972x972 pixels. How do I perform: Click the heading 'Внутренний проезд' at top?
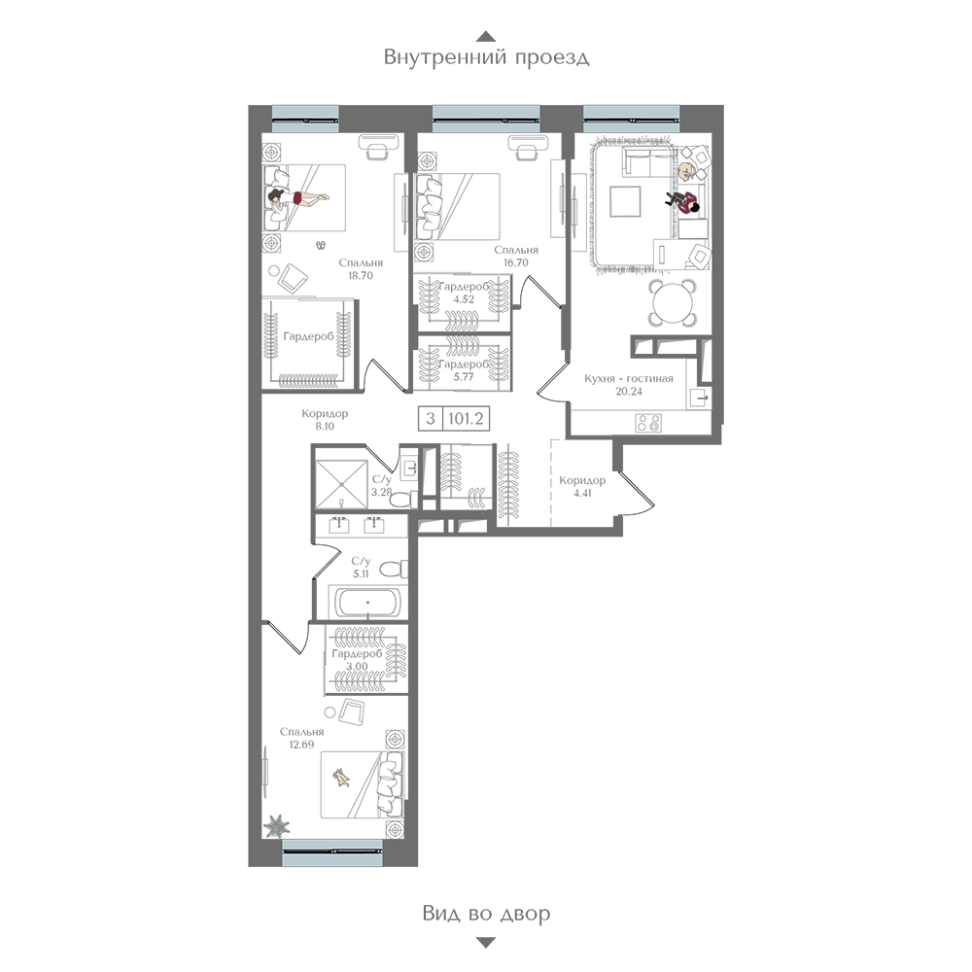pos(486,57)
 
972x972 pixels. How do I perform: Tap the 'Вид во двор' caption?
pos(487,913)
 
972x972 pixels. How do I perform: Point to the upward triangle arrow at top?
pos(487,36)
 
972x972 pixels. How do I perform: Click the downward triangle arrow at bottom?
pos(486,943)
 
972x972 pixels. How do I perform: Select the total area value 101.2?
pos(466,418)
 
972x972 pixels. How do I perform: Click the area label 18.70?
pos(361,276)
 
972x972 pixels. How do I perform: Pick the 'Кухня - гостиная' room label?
pos(629,378)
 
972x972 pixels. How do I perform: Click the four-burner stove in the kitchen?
pos(648,424)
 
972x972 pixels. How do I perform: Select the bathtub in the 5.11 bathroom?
pos(367,602)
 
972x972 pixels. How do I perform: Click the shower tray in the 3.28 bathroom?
pos(341,484)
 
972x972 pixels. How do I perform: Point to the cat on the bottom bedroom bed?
pos(341,777)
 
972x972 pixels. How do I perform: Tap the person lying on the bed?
pos(297,198)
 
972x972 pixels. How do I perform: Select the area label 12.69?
pos(301,746)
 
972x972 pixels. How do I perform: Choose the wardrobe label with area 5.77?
pos(464,370)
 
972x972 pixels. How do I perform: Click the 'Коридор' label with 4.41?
pos(582,487)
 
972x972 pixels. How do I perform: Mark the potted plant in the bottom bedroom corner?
pos(276,825)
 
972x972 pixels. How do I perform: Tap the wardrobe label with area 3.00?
pos(357,660)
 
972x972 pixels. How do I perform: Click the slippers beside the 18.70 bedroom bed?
pos(321,246)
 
